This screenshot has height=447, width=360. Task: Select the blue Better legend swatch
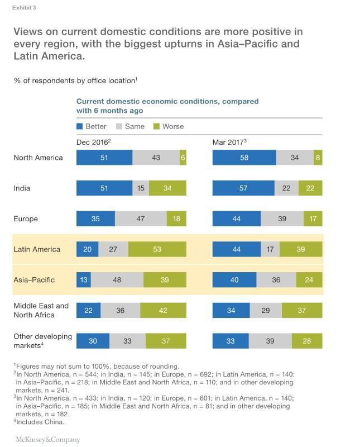point(79,127)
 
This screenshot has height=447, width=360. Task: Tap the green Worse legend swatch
point(156,127)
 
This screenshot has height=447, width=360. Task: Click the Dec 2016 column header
point(93,142)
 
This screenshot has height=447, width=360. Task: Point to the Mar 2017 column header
point(229,142)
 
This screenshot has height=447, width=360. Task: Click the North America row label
point(38,158)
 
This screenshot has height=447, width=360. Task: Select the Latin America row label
point(37,249)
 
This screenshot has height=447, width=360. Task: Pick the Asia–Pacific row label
point(34,279)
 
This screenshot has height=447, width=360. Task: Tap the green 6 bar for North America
point(183,158)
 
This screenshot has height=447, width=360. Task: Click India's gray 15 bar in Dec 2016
point(141,188)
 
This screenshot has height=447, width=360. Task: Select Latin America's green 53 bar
point(157,249)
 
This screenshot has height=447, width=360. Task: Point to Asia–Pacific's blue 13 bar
point(83,280)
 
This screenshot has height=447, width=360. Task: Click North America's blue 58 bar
point(244,158)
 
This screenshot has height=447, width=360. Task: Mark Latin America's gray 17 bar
point(270,249)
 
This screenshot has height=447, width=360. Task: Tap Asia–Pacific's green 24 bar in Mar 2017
point(309,280)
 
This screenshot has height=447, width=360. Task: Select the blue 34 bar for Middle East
point(231,310)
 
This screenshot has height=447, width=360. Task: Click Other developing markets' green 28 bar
point(307,341)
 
